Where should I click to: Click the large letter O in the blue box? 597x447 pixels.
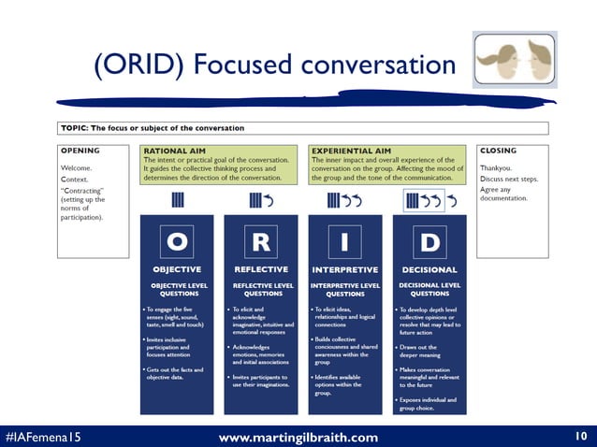pyautogui.click(x=176, y=242)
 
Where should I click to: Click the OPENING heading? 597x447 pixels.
pyautogui.click(x=80, y=150)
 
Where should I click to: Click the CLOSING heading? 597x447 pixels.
pyautogui.click(x=498, y=150)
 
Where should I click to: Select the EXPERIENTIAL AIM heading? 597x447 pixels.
pyautogui.click(x=351, y=150)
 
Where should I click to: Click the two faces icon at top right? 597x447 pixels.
pyautogui.click(x=515, y=60)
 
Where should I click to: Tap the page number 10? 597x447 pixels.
pyautogui.click(x=580, y=437)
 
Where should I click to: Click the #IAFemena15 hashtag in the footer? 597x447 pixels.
pyautogui.click(x=42, y=437)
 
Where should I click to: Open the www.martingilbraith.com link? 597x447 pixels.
pyautogui.click(x=298, y=437)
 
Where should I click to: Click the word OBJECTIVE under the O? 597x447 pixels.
pyautogui.click(x=176, y=269)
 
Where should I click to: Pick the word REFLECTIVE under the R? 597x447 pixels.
pyautogui.click(x=261, y=269)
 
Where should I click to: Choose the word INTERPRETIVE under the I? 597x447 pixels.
pyautogui.click(x=344, y=269)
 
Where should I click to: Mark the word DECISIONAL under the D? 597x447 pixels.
pyautogui.click(x=429, y=269)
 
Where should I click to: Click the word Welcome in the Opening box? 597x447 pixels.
pyautogui.click(x=77, y=168)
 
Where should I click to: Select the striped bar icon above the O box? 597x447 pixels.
pyautogui.click(x=176, y=200)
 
